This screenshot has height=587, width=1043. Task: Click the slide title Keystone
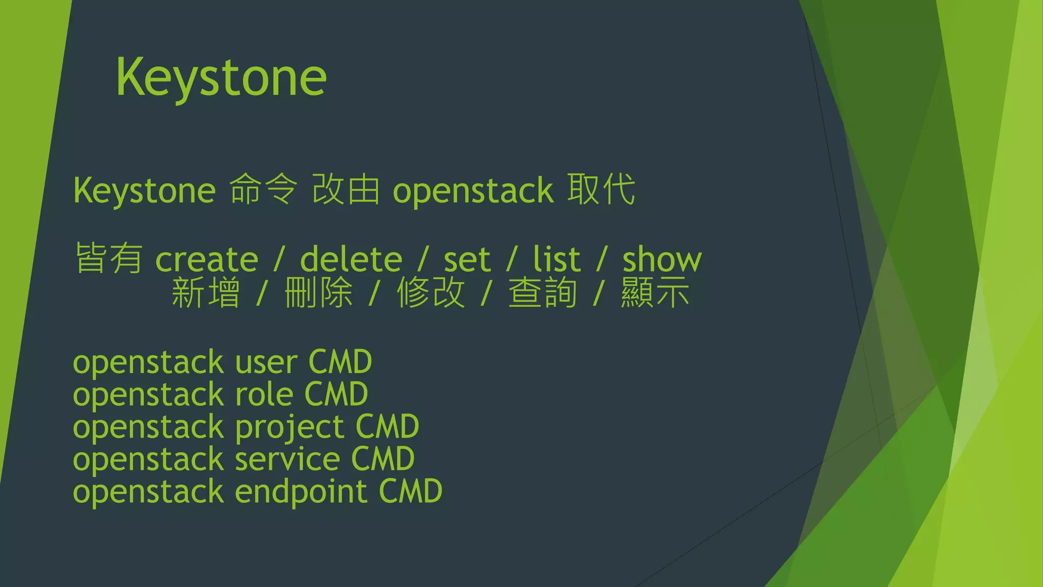221,77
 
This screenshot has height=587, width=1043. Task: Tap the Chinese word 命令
263,190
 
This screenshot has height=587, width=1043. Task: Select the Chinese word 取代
601,190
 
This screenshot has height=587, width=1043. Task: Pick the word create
207,260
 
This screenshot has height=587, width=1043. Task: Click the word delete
351,260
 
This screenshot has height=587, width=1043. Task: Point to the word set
466,260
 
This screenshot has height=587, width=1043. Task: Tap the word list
556,260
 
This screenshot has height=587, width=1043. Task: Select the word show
662,260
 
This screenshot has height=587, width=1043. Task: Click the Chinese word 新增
205,293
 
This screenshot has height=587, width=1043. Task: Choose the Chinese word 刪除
318,293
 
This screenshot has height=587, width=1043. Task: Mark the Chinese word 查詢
542,293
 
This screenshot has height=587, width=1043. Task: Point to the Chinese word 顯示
655,293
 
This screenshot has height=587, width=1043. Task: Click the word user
266,363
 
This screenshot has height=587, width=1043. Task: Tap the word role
264,395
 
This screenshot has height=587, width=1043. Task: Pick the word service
287,460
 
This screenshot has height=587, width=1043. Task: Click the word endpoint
300,492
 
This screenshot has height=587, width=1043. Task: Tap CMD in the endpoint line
410,492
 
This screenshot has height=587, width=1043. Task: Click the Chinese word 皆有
108,258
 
